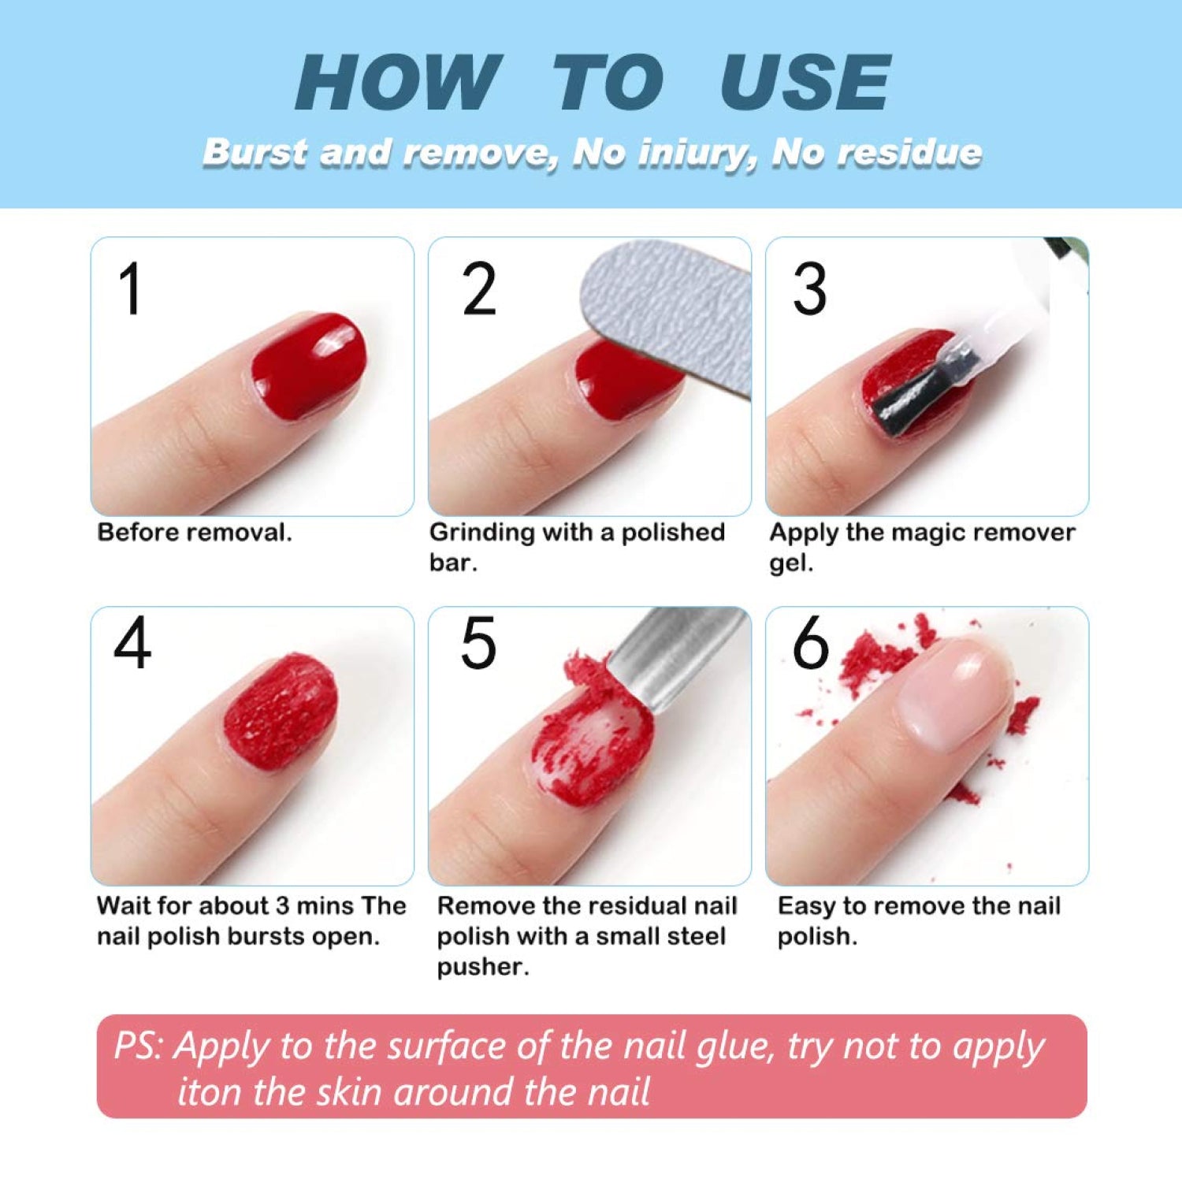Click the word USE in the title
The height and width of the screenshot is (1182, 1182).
[x=805, y=83]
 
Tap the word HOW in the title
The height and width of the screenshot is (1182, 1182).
[x=399, y=83]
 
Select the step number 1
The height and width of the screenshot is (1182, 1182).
[x=130, y=289]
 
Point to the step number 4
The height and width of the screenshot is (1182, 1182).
[x=132, y=643]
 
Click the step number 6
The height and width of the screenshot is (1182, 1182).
[x=811, y=643]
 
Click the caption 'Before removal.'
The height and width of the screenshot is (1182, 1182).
[x=194, y=533]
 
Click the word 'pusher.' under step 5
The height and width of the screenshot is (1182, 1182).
[x=483, y=967]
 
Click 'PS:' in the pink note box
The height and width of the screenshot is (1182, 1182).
[x=139, y=1046]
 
